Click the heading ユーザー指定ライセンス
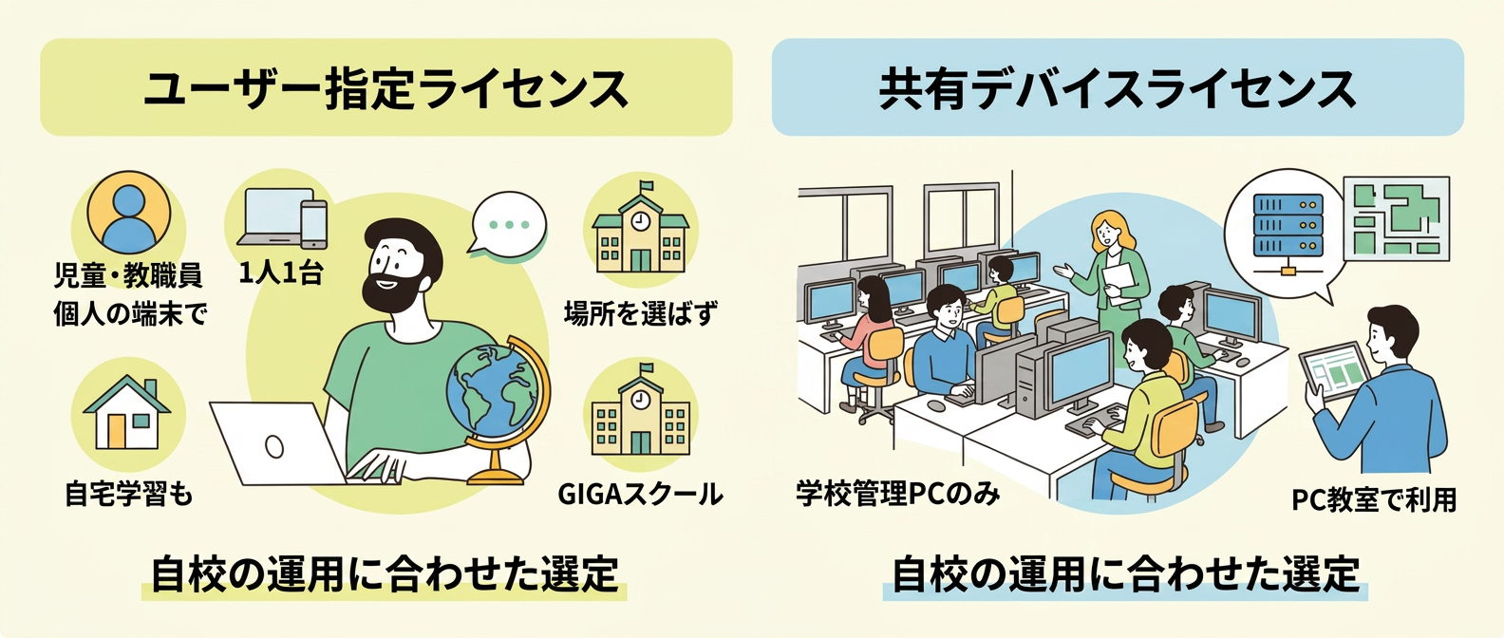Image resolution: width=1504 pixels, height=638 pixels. (386, 88)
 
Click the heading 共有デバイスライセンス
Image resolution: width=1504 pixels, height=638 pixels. (1118, 88)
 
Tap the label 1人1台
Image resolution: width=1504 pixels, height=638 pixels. (281, 272)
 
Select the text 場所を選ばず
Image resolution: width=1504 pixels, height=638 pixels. (641, 313)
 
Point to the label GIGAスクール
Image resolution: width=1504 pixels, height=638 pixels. (641, 494)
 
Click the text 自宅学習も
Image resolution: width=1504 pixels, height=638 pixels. (129, 494)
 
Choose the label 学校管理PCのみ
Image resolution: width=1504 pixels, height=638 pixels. (898, 494)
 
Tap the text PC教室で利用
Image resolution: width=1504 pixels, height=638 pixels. (1374, 500)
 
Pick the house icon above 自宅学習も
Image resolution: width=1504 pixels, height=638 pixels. (127, 412)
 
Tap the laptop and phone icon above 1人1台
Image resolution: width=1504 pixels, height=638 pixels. (282, 218)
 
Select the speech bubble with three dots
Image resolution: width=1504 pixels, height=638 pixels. (508, 226)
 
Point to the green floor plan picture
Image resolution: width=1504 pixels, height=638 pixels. (1396, 219)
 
